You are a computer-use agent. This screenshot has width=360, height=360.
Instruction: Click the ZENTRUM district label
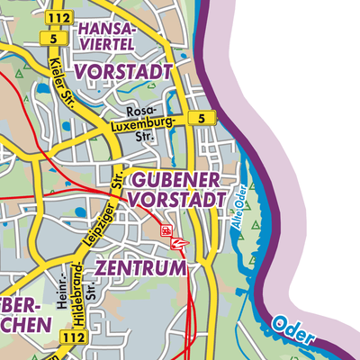click(140, 268)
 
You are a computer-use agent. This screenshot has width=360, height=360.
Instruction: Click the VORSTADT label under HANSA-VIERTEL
click(123, 70)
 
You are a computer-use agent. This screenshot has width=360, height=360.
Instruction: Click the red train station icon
click(166, 231)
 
